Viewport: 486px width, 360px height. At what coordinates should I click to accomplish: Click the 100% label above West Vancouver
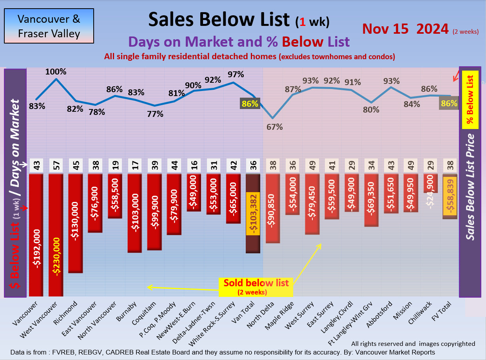pyautogui.click(x=56, y=72)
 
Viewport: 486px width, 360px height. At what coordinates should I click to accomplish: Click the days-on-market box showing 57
pyautogui.click(x=56, y=166)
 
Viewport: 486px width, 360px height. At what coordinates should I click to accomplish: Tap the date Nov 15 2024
pyautogui.click(x=405, y=29)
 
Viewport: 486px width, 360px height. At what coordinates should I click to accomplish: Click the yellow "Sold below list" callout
pyautogui.click(x=256, y=287)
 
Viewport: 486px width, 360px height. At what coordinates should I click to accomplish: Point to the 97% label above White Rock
pyautogui.click(x=236, y=75)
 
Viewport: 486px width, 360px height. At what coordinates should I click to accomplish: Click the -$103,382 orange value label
pyautogui.click(x=253, y=214)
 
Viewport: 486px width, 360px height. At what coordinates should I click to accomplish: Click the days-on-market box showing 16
pyautogui.click(x=194, y=166)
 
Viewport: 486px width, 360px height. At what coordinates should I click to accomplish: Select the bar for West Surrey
pyautogui.click(x=312, y=204)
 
